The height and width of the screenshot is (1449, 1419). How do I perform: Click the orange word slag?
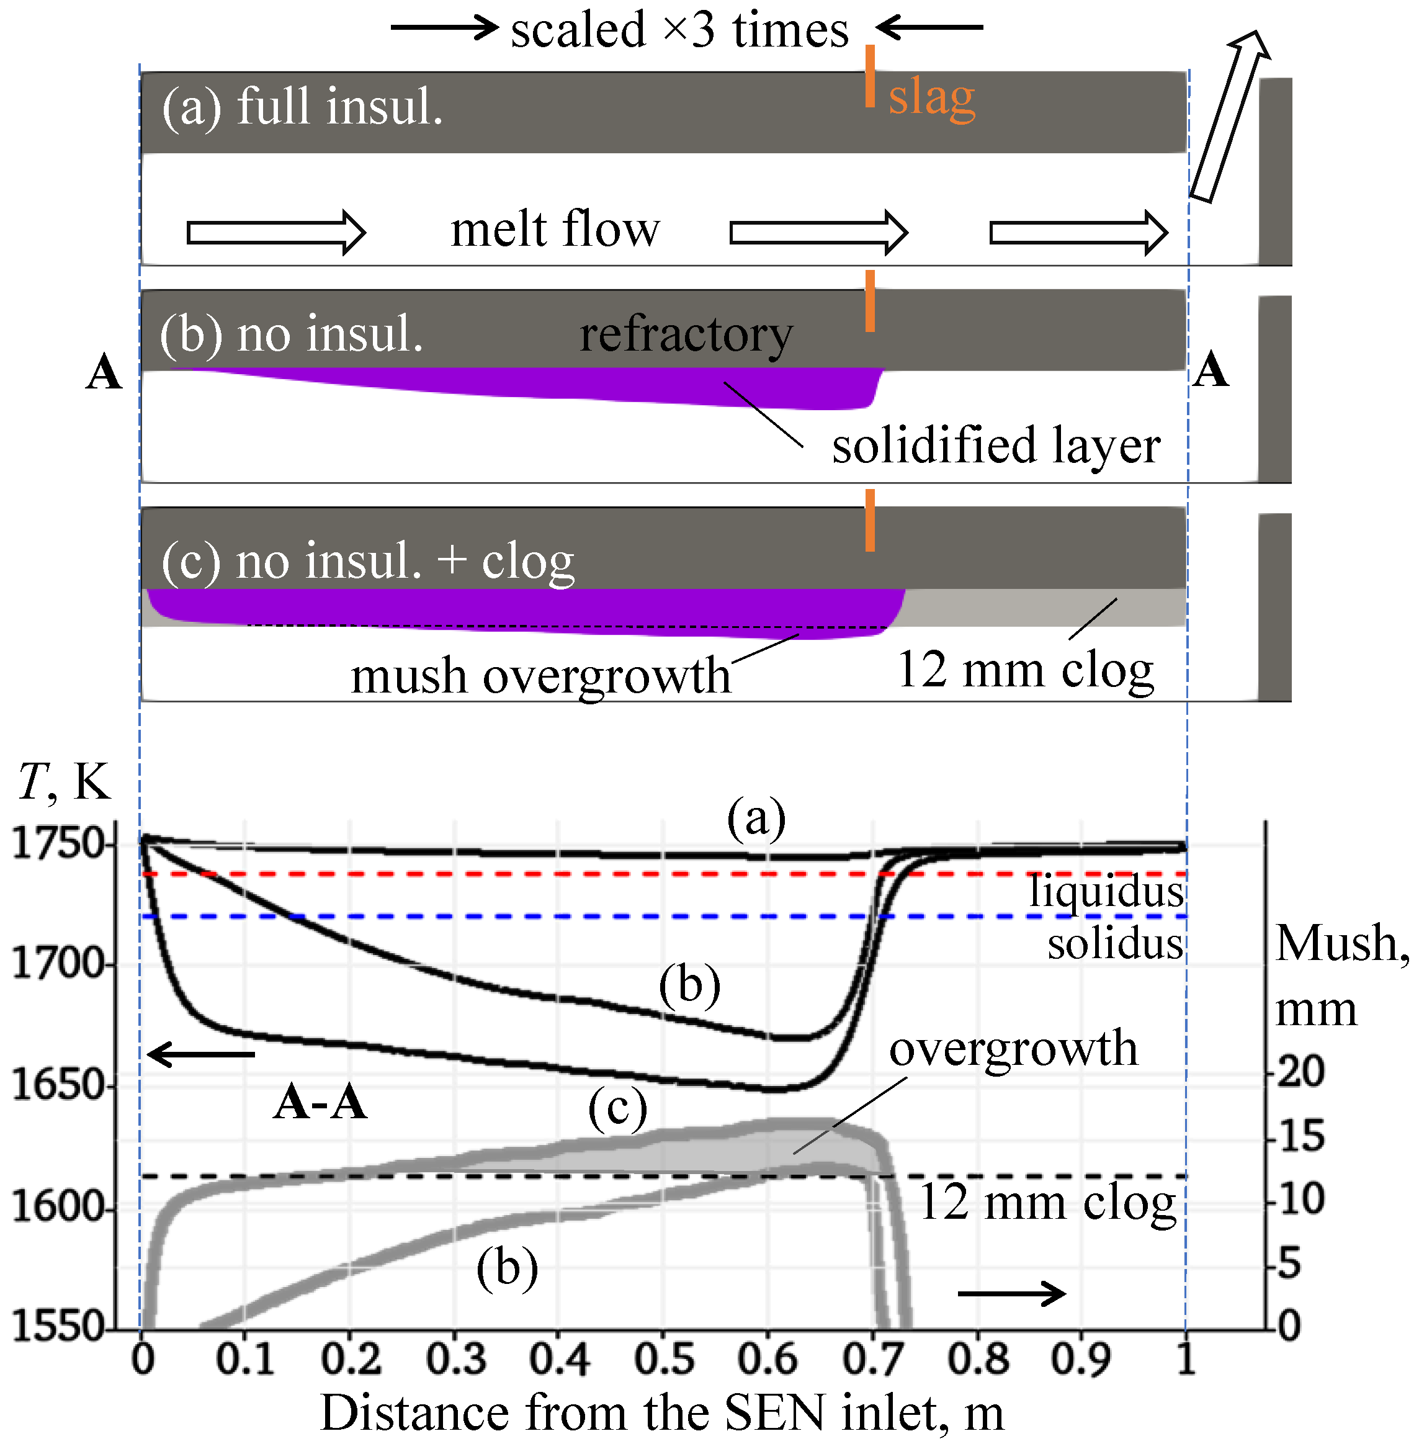click(x=931, y=97)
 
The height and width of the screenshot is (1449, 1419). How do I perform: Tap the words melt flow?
click(x=555, y=229)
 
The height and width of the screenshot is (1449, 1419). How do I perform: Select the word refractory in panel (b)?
click(x=686, y=334)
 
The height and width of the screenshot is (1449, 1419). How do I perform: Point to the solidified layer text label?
click(x=996, y=446)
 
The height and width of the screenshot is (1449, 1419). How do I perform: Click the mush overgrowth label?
click(x=540, y=676)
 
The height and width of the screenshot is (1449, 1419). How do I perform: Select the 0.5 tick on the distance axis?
click(x=664, y=1359)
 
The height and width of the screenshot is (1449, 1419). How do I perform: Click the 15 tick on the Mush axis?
click(x=1301, y=1137)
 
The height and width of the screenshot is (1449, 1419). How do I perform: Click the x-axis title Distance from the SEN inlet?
click(x=662, y=1412)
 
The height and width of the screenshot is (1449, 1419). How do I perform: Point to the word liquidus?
click(x=1107, y=890)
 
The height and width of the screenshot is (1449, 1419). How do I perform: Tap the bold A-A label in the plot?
click(x=320, y=1102)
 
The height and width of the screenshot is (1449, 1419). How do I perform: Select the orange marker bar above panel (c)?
click(x=870, y=520)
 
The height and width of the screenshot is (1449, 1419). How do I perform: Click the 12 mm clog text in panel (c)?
click(x=1026, y=670)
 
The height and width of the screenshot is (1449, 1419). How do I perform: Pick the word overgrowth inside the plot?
click(x=1014, y=1049)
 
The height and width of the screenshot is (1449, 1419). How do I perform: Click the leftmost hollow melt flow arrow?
click(x=275, y=233)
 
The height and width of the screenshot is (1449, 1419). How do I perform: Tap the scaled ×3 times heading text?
click(x=679, y=30)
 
